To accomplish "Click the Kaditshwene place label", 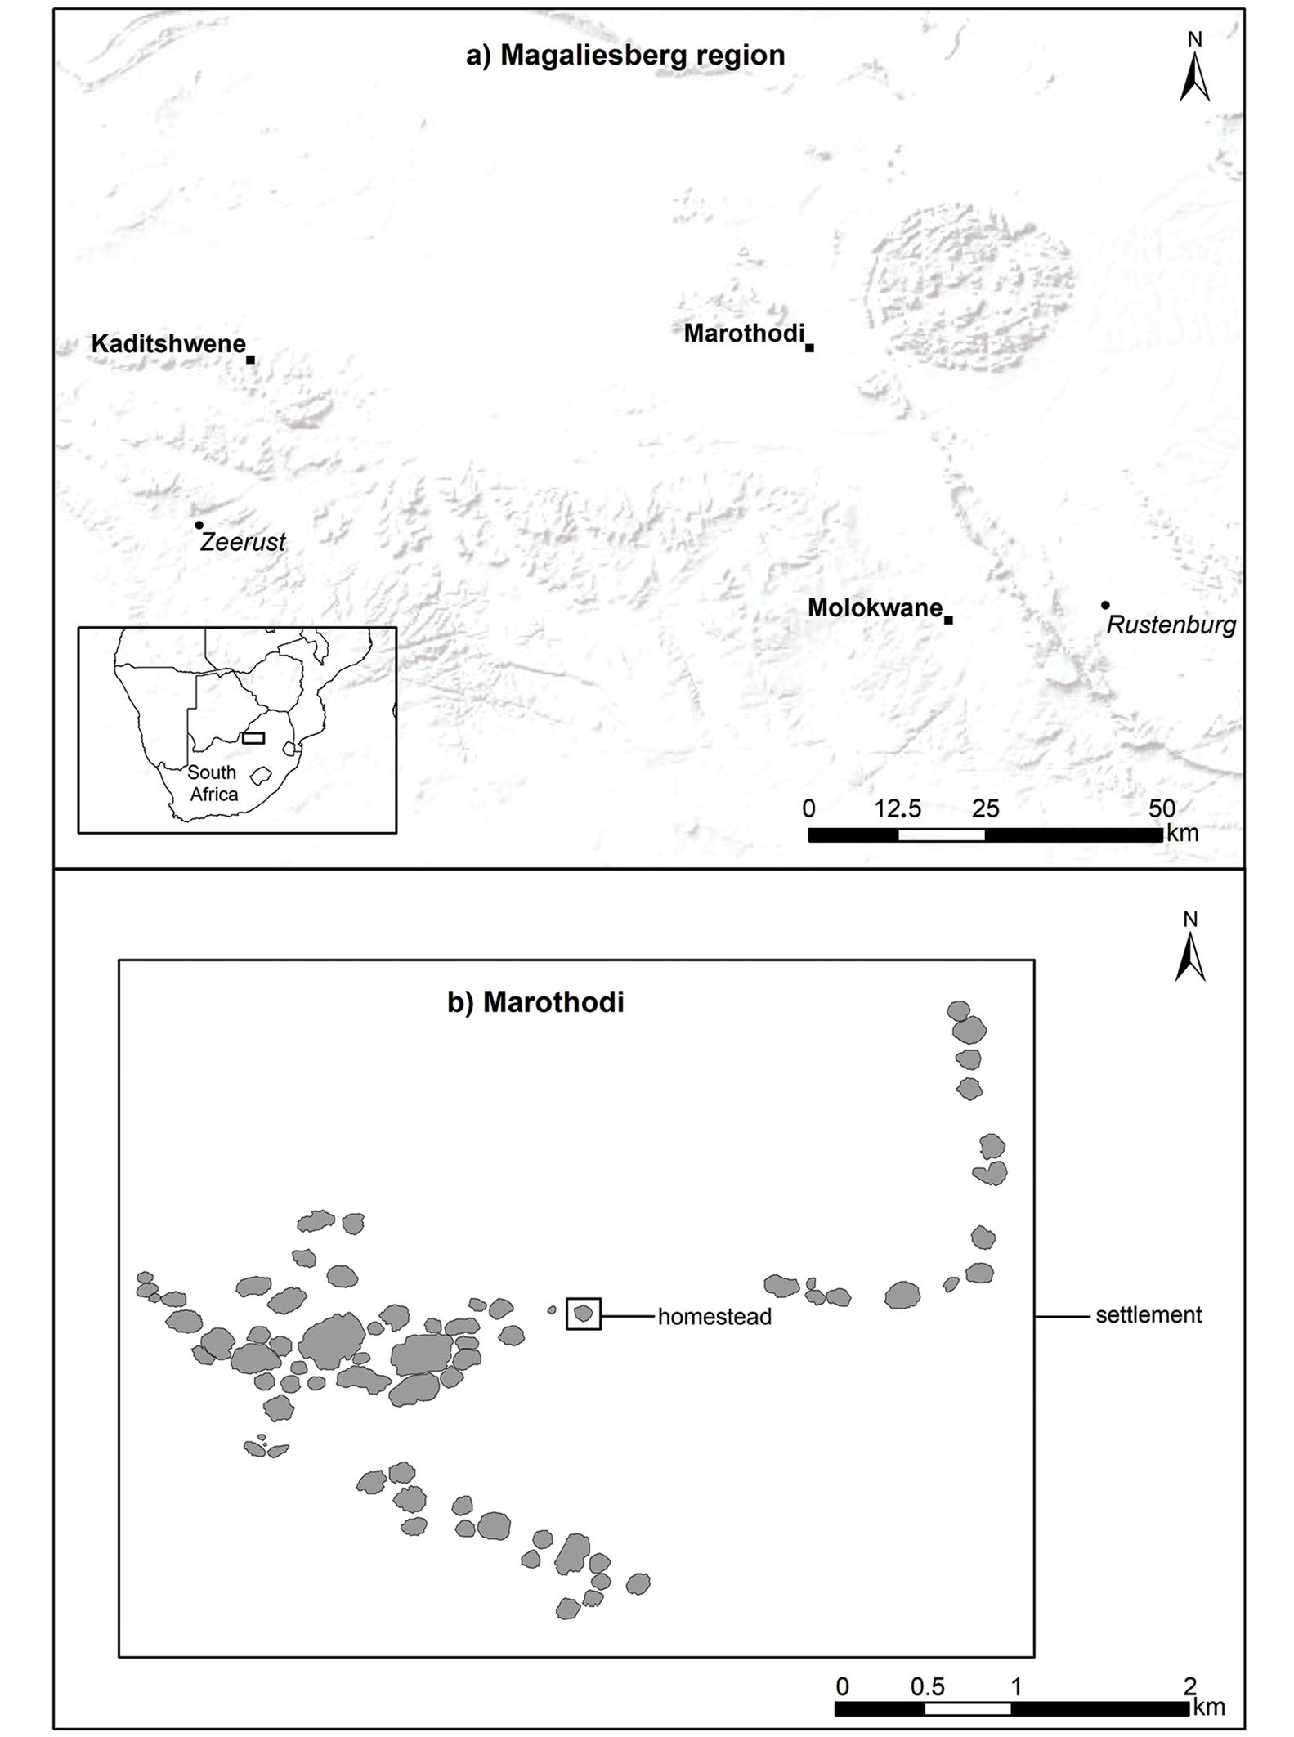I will pos(168,344).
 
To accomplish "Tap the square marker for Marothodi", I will pos(809,348).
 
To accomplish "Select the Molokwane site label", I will pos(875,608).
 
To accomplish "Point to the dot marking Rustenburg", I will pos(1105,605).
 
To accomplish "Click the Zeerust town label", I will pos(243,541).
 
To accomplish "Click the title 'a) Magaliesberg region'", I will pos(625,55).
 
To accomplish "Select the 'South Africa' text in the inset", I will pos(213,783).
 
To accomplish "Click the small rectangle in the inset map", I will pos(253,737).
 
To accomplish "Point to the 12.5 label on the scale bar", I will pos(898,809).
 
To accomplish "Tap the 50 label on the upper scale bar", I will pos(1162,809).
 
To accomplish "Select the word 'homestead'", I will pos(714,1317).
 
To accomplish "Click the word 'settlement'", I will pos(1148,1315).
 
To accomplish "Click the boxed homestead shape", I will pos(584,1314).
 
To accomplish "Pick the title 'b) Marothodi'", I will pos(535,1002).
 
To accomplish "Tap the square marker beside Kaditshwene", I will pos(250,360).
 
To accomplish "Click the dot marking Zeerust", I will pos(199,525).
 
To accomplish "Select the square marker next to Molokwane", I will pos(948,620).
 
